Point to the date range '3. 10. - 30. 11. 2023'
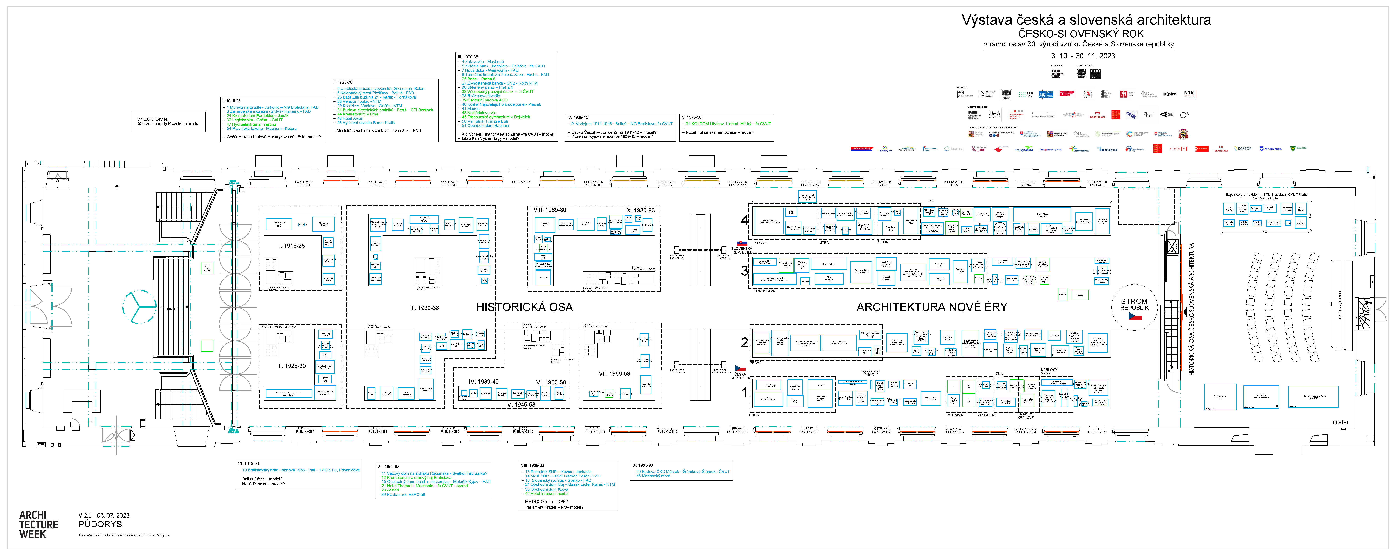(1083, 56)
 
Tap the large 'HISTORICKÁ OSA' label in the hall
(524, 307)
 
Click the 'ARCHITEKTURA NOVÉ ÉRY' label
(931, 307)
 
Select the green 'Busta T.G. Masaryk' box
(207, 268)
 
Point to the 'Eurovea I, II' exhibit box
(828, 264)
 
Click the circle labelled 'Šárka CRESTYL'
(1000, 229)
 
